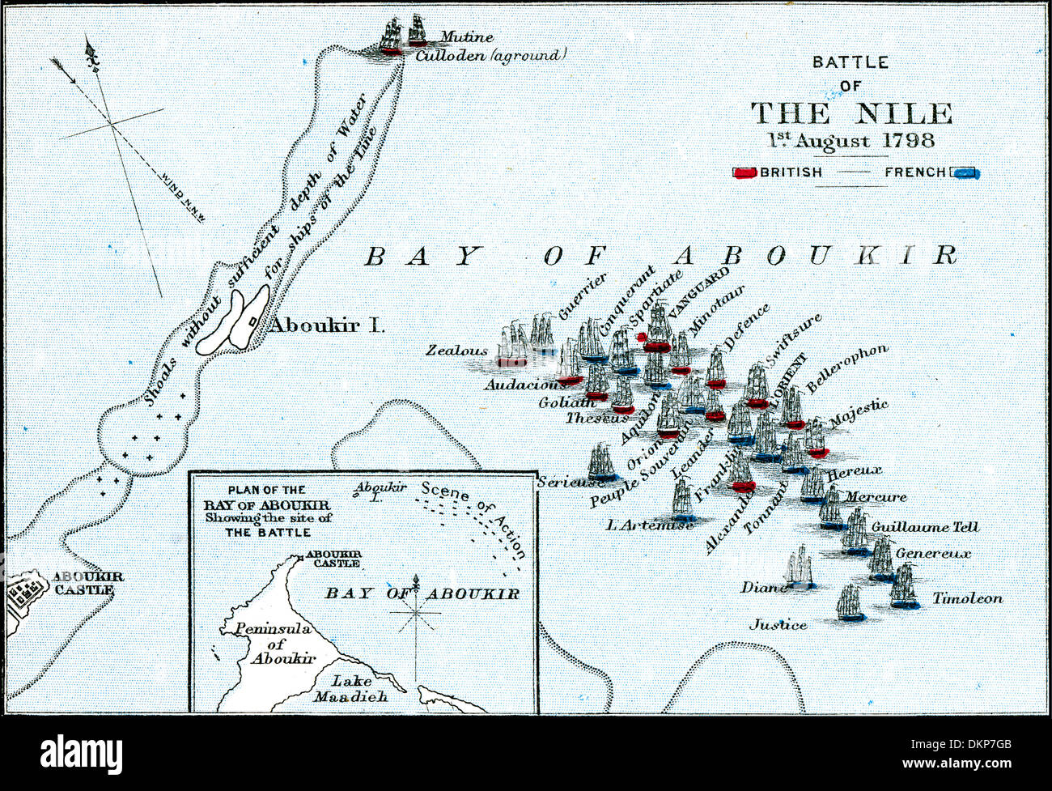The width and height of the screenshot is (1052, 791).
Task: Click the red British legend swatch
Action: (744, 172)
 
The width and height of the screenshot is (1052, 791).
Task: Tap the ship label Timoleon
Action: (967, 599)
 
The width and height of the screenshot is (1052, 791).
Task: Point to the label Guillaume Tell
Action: (925, 527)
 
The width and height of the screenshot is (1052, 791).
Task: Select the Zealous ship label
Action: (457, 351)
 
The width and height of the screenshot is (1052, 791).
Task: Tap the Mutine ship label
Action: (466, 37)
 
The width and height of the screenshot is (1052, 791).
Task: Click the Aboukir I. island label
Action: (326, 325)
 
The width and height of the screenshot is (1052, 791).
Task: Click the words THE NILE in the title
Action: (851, 113)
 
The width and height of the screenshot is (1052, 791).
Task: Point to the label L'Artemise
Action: (650, 525)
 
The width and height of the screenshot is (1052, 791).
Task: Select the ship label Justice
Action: (778, 624)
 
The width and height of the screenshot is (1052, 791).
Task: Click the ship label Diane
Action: (764, 587)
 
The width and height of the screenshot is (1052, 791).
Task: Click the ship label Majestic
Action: (859, 410)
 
